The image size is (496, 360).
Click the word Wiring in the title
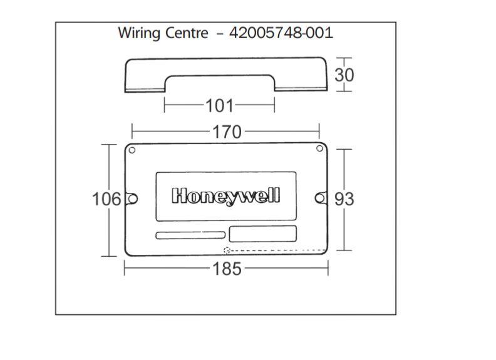pos(139,34)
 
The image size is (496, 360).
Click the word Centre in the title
pos(187,33)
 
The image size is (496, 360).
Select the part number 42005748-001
pos(281,33)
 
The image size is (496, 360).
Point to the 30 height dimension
pos(344,75)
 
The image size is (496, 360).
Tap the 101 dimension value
pos(219,105)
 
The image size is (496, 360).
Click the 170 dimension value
pos(227,131)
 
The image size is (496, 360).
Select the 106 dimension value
pos(106,199)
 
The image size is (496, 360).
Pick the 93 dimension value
pos(344,199)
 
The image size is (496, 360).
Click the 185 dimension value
pos(227,269)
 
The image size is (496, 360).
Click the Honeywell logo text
pos(226,196)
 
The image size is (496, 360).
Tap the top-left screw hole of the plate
pos(132,150)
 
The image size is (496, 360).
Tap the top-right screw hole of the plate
pos(319,148)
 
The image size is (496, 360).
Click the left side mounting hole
pos(133,198)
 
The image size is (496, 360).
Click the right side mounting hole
pos(320,198)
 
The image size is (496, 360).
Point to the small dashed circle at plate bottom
pos(227,250)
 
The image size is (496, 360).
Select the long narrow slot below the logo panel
pos(190,235)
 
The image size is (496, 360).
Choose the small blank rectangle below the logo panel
pos(263,234)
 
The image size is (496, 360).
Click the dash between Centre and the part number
pos(219,34)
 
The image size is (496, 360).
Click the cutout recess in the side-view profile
pos(220,83)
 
